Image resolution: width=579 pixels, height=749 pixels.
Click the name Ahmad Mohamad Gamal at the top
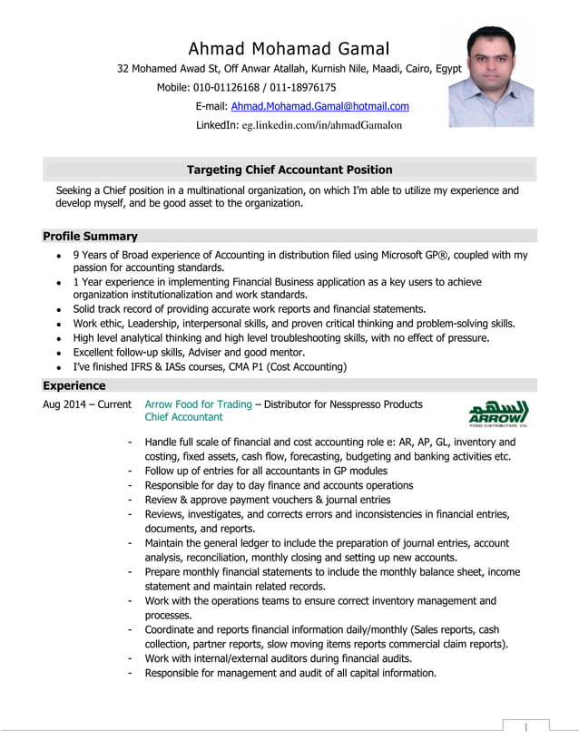click(289, 48)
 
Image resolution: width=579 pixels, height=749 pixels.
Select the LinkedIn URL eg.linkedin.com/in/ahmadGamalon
click(321, 125)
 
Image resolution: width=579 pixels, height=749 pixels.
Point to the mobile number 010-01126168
click(225, 88)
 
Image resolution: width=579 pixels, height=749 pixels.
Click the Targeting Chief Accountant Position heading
click(289, 170)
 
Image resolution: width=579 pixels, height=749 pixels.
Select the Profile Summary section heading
click(91, 236)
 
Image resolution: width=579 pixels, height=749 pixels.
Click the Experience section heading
click(74, 385)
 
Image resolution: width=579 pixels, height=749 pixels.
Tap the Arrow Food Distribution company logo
click(498, 411)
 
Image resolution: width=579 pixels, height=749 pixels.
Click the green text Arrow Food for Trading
click(198, 404)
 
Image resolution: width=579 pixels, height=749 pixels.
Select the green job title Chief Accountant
click(183, 417)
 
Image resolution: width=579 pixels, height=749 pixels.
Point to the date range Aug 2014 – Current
click(87, 404)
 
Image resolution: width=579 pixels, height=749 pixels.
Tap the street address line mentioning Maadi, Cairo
click(289, 69)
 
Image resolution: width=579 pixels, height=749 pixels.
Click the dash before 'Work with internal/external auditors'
click(132, 658)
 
